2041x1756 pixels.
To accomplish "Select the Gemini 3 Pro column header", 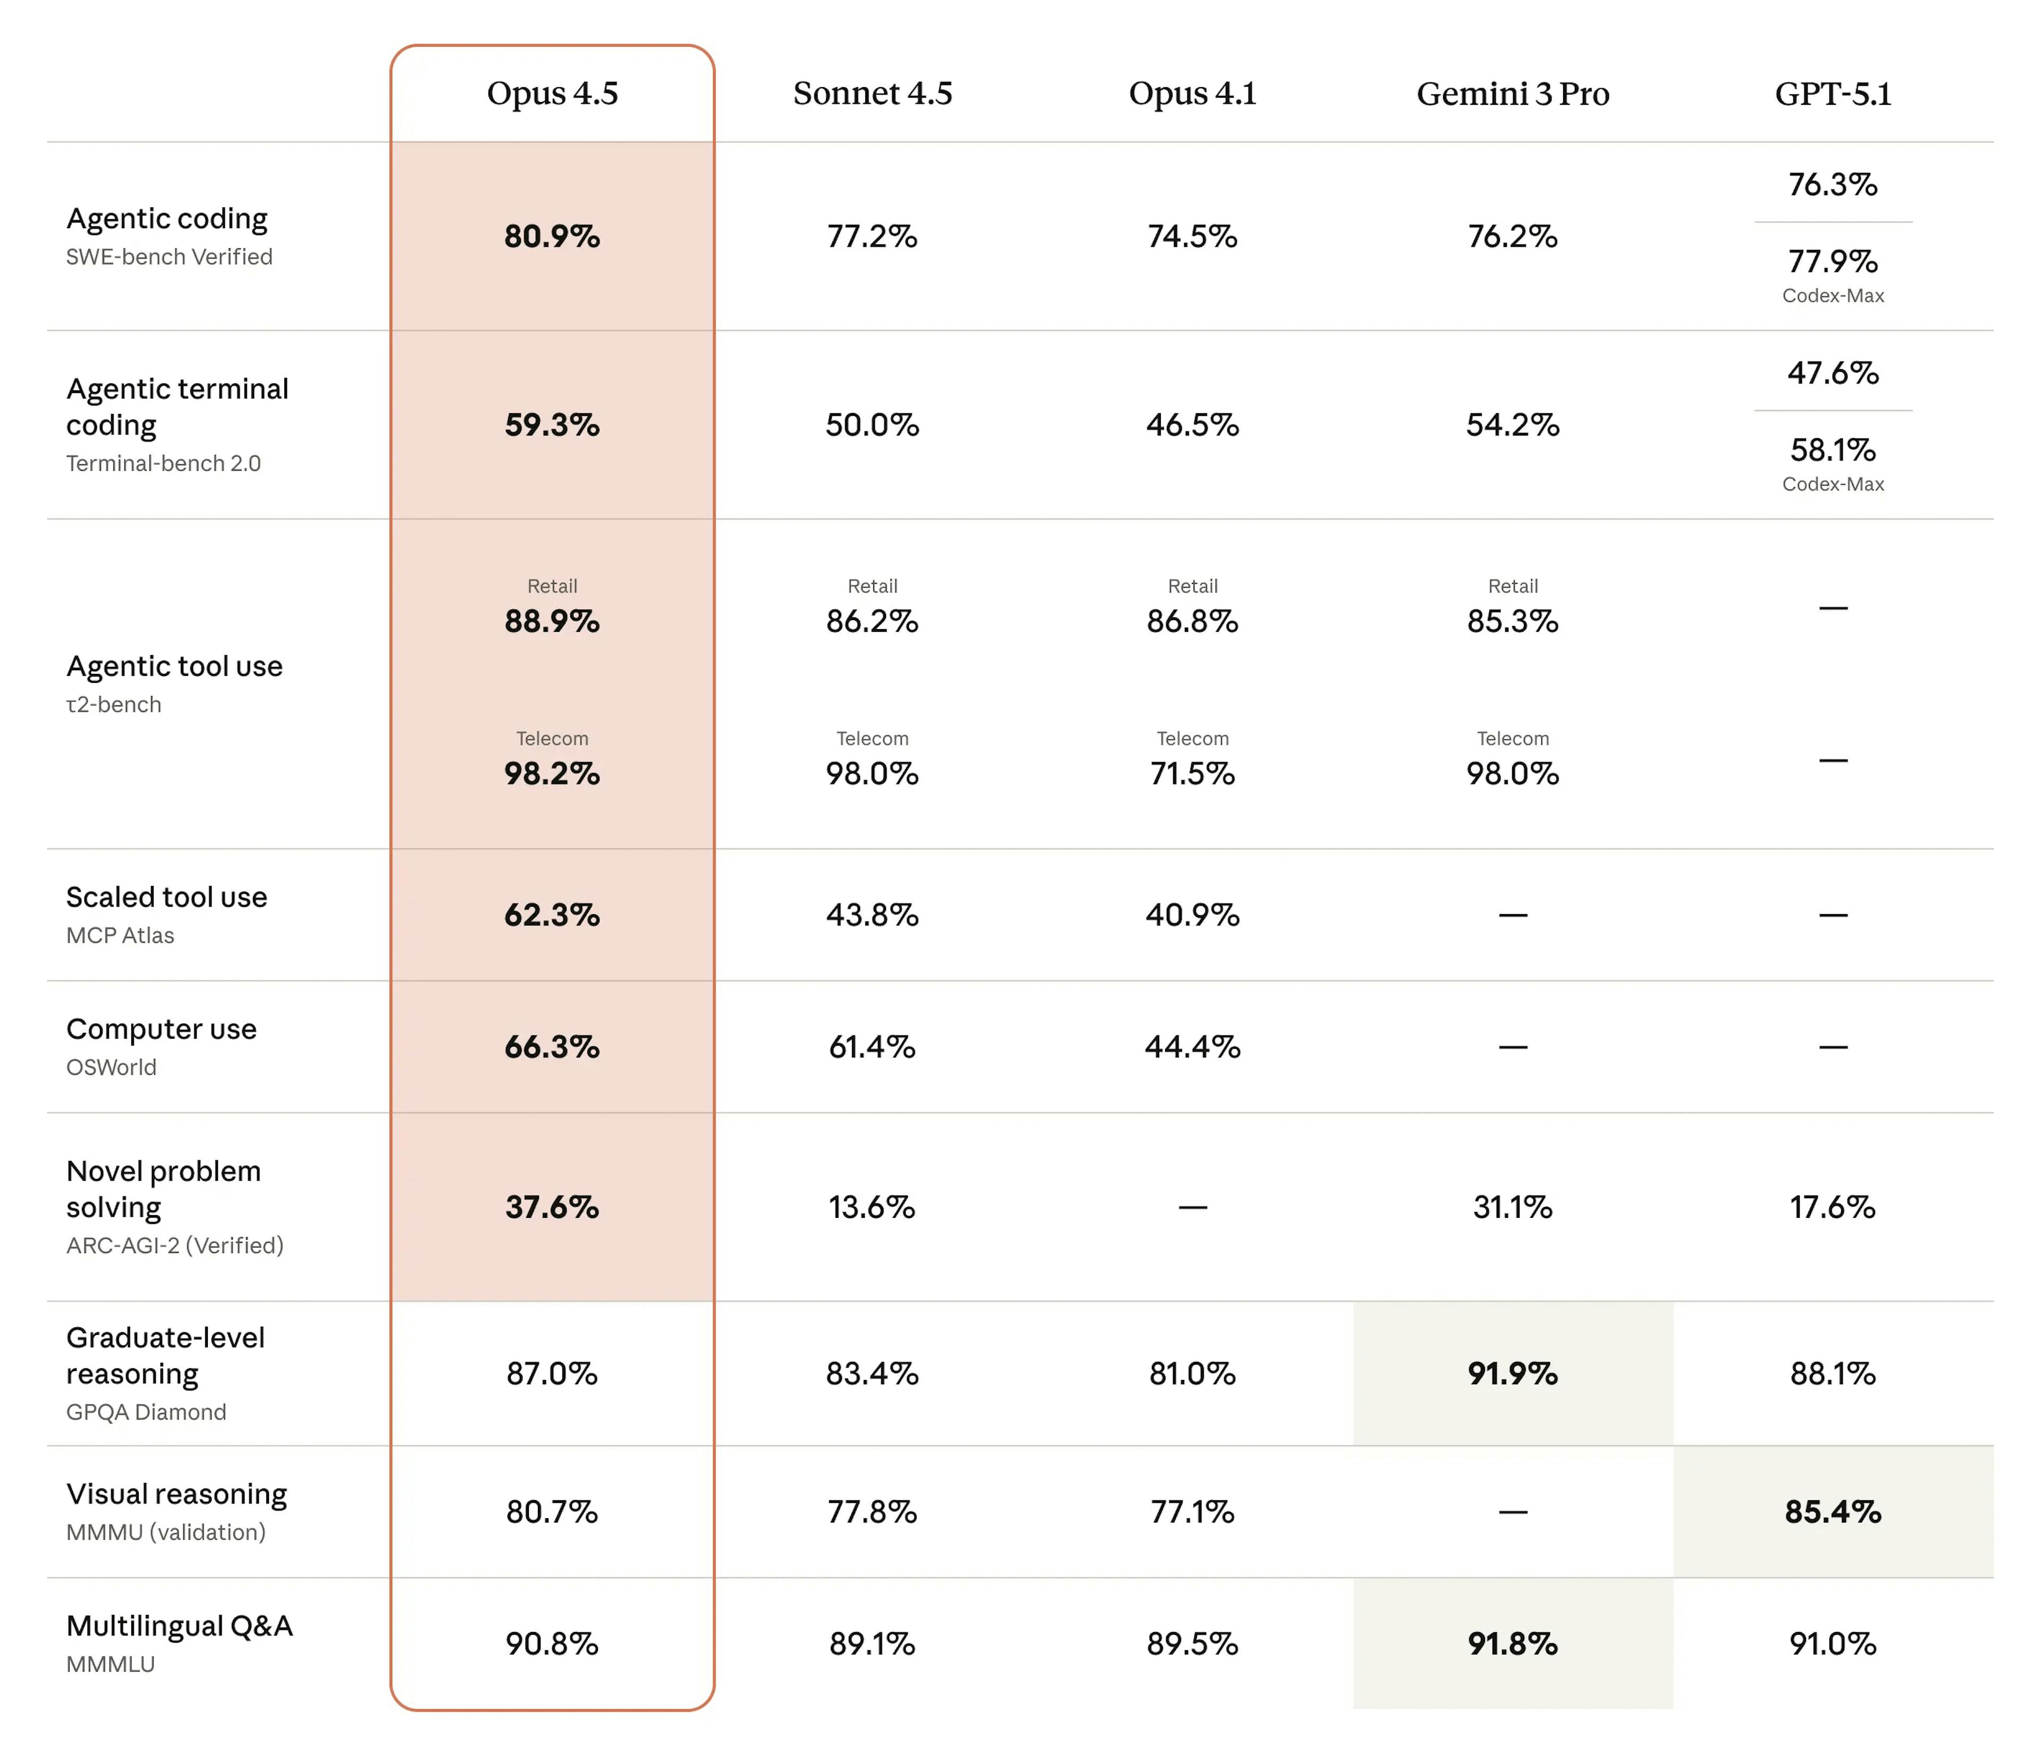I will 1512,94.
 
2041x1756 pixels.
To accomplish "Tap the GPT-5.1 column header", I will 1832,94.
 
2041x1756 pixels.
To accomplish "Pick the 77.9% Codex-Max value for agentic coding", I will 1832,261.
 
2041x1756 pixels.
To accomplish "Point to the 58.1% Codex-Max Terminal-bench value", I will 1832,450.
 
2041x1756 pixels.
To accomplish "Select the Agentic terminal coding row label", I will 178,406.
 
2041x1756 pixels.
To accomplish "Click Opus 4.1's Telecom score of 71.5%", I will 1192,774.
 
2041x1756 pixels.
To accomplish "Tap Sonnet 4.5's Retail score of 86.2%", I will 872,622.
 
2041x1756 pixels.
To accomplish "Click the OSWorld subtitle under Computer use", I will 111,1067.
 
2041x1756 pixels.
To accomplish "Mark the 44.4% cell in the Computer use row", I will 1192,1047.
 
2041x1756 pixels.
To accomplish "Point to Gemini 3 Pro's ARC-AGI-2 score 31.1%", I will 1512,1207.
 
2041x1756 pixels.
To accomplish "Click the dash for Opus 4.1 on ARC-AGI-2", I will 1192,1207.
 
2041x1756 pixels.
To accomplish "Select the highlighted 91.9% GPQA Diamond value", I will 1512,1374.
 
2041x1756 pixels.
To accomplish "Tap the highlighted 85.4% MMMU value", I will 1832,1511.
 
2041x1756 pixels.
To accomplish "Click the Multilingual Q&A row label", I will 179,1626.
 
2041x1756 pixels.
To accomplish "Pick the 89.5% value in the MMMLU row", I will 1192,1644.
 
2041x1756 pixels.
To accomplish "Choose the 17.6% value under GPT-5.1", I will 1832,1207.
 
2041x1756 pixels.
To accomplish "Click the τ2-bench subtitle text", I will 113,705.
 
